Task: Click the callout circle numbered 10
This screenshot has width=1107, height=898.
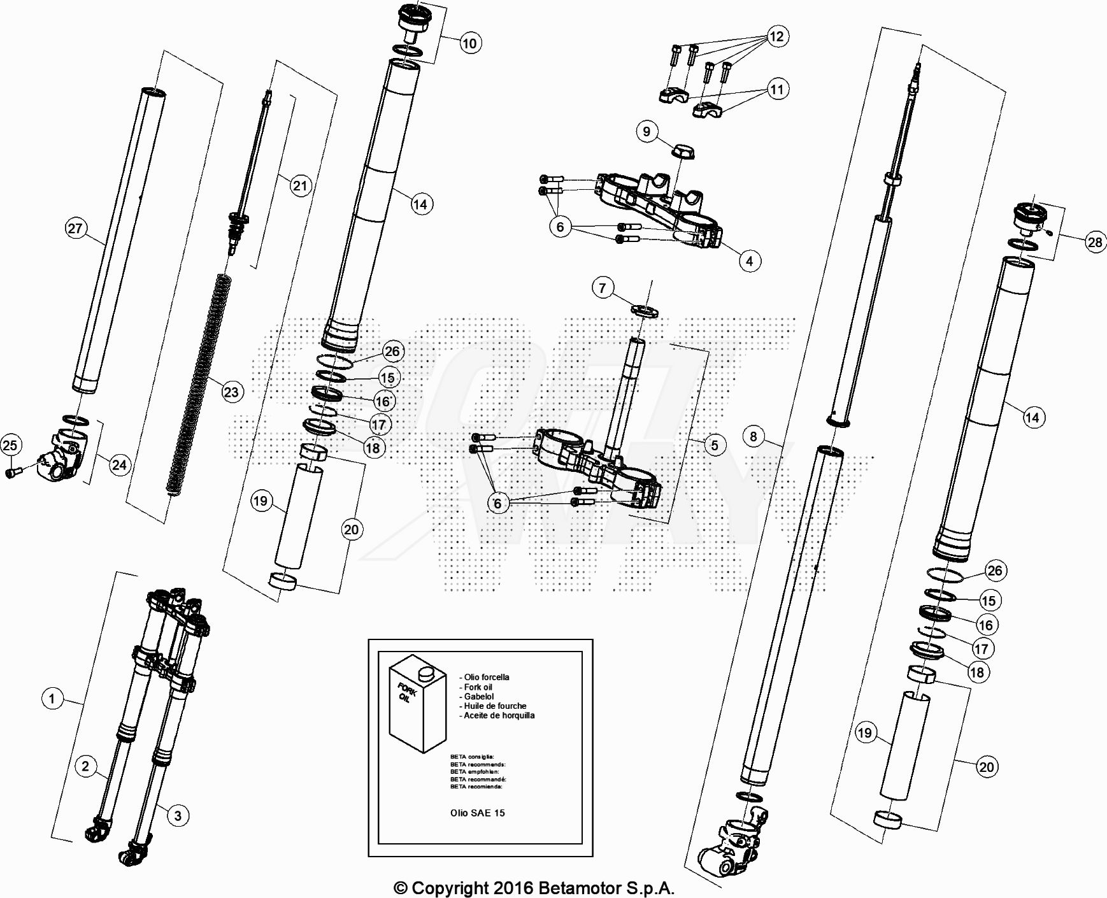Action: (469, 43)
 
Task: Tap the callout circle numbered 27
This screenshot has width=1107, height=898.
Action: (75, 229)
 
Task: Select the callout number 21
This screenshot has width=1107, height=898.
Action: (300, 186)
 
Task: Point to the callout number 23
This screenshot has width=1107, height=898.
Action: (231, 392)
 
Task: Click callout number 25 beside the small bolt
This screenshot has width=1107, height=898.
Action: (10, 445)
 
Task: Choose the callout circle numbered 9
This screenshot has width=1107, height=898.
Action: (646, 132)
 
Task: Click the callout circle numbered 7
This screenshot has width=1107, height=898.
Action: (603, 288)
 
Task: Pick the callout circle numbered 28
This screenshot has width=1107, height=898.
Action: (1094, 242)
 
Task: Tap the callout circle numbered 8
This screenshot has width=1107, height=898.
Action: (753, 436)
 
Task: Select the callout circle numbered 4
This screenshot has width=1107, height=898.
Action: (749, 260)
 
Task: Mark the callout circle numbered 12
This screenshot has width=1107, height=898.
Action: (776, 36)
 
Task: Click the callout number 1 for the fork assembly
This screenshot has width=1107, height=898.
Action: (52, 699)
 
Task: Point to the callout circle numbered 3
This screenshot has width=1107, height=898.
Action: (178, 816)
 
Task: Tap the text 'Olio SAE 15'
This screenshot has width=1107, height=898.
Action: (477, 813)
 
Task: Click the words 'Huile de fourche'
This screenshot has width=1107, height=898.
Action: (495, 706)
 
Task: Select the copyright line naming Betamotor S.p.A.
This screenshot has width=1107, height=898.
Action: (534, 888)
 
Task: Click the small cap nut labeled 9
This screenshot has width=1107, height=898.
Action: (684, 152)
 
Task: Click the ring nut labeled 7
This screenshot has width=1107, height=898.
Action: (645, 311)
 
